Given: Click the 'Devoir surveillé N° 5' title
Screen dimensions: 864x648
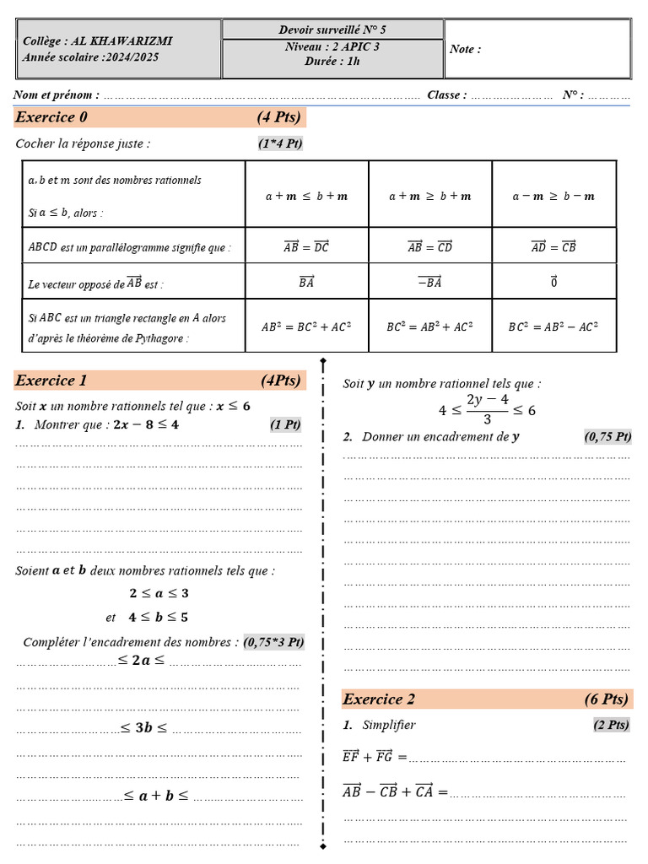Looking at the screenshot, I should click(332, 30).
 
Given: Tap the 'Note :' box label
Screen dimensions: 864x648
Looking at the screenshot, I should click(465, 49).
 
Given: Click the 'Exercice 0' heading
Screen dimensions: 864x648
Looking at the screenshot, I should click(51, 116).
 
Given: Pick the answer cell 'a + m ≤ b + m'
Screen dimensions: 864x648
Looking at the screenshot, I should click(306, 196).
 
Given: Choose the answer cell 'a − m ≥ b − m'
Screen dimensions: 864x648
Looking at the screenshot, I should click(553, 196).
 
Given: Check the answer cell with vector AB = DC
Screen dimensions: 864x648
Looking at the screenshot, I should click(306, 246).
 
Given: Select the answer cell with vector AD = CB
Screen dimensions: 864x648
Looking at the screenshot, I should click(553, 246).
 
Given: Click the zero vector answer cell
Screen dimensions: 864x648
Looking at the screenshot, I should click(553, 283).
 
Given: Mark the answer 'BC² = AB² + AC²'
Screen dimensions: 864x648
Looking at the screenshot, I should click(429, 326).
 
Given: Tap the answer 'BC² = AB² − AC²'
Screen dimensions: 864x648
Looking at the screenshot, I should click(553, 326).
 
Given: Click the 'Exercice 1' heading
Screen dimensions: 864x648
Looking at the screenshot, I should click(51, 381).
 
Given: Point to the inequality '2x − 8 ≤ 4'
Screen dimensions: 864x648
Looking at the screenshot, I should click(146, 424).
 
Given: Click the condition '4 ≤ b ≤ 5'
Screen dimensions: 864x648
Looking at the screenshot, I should click(159, 617).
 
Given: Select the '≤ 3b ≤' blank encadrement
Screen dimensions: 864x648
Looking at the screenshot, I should click(144, 727).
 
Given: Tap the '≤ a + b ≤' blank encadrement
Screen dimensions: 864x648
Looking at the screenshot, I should click(156, 795).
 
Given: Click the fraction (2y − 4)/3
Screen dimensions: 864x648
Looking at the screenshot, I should click(487, 408).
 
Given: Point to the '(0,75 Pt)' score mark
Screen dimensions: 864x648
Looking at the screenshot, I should click(607, 436).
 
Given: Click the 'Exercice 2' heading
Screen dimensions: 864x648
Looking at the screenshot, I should click(379, 699).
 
